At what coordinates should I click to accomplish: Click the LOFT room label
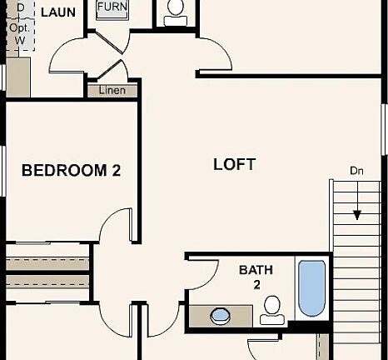coord(235,164)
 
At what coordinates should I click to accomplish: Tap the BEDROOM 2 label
coord(72,170)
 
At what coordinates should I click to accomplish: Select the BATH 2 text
coord(256,277)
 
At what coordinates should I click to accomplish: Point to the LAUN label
coord(58,12)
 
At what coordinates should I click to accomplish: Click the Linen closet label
coord(112,90)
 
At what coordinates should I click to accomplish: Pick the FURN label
coord(112,7)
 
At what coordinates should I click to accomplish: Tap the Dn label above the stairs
coord(356,171)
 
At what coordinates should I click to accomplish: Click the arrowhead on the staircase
coord(357,215)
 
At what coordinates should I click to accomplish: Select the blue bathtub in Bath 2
coord(311,288)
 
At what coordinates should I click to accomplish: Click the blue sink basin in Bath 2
coord(221,316)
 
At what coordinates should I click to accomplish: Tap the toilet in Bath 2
coord(272,310)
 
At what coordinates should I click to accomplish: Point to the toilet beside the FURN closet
coord(176,12)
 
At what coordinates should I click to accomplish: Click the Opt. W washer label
coord(19,34)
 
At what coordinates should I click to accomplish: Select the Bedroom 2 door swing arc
coord(114,222)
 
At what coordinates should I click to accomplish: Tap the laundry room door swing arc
coord(64,50)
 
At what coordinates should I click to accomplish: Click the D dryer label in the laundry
coord(21,7)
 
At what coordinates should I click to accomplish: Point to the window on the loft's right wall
coord(385,129)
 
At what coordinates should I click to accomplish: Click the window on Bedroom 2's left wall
coord(3,171)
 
